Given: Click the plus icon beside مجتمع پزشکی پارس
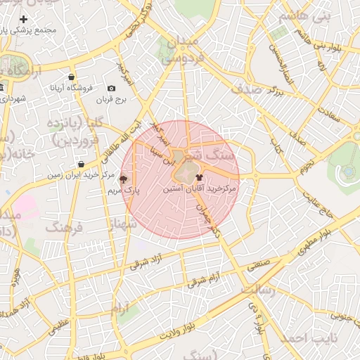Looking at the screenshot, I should click(23, 18).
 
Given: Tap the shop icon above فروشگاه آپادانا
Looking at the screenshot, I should click(72, 77).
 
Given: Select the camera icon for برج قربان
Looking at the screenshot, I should click(111, 88).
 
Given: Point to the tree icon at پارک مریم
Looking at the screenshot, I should click(124, 179).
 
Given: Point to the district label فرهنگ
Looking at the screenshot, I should click(64, 227).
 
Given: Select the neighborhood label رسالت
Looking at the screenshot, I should click(259, 288).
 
